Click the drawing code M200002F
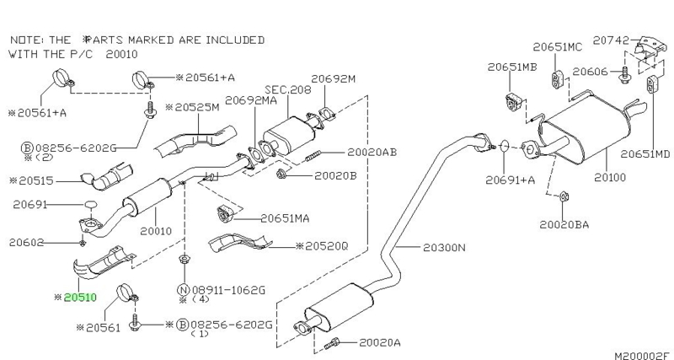pyautogui.click(x=639, y=351)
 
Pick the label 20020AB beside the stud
pyautogui.click(x=371, y=152)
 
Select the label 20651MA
pyautogui.click(x=285, y=218)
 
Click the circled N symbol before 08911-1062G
pyautogui.click(x=182, y=289)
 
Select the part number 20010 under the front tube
pyautogui.click(x=156, y=229)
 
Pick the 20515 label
pyautogui.click(x=41, y=180)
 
